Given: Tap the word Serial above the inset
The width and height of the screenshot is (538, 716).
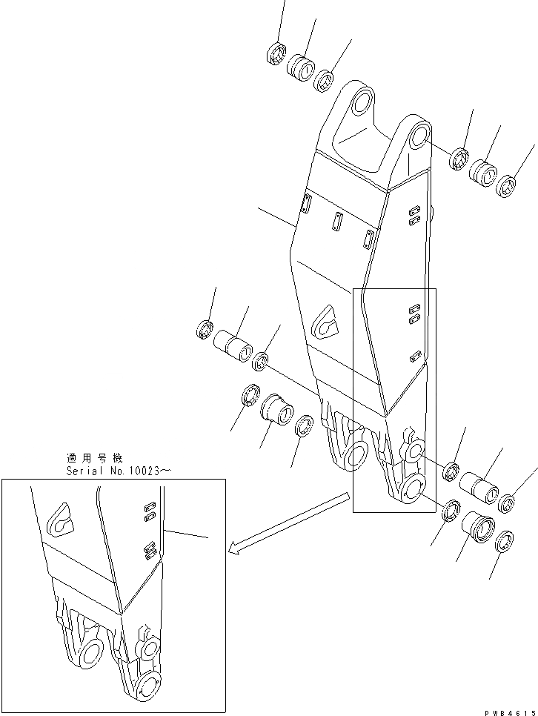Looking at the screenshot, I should click(82, 471).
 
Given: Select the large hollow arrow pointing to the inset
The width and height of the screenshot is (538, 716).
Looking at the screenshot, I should click(289, 522).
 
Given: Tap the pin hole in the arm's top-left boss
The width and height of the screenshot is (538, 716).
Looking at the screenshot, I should click(362, 102).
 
